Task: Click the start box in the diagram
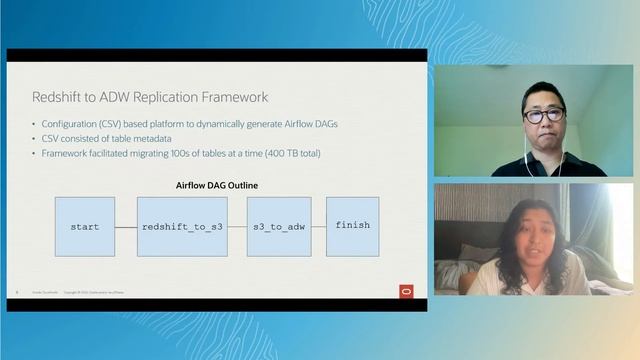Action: tap(85, 227)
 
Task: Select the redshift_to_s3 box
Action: tap(182, 227)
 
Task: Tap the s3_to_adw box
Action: tap(279, 227)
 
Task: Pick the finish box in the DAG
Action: tap(352, 226)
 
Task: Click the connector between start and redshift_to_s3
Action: tap(126, 227)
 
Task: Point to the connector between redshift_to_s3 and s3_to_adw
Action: tap(237, 227)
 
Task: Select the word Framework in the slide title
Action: tap(231, 96)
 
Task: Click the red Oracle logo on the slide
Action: tap(406, 291)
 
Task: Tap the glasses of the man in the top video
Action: tap(544, 116)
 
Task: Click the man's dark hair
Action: tap(543, 92)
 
